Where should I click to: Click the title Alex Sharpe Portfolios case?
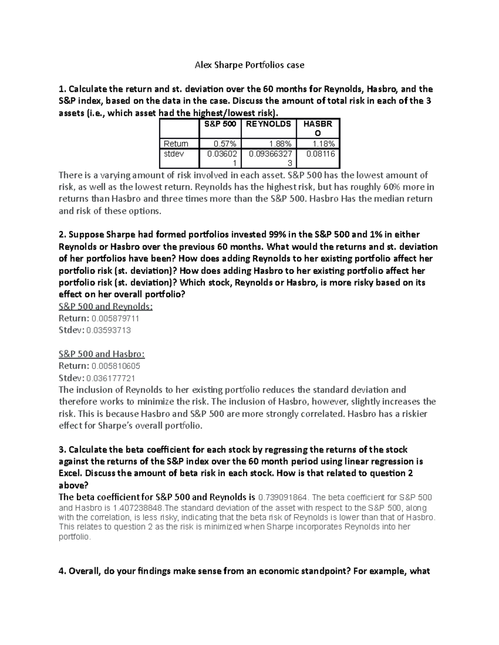(x=249, y=65)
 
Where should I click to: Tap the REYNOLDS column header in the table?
(x=268, y=124)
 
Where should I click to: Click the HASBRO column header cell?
(x=318, y=128)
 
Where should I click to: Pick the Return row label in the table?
(x=176, y=144)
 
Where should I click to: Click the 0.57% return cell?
(x=225, y=144)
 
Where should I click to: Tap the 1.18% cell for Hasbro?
(x=323, y=144)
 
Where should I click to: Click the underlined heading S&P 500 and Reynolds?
(x=106, y=307)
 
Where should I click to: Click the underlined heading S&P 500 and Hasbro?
(x=101, y=354)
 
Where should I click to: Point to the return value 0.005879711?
(x=116, y=319)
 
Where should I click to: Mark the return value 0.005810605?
(x=116, y=366)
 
